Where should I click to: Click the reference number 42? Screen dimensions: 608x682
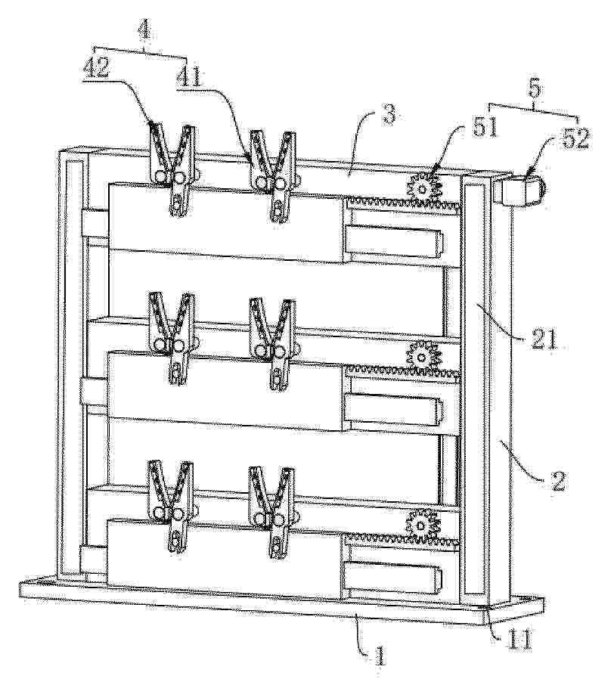(96, 69)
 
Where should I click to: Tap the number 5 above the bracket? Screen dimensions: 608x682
(535, 90)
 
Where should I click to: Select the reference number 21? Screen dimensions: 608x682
(544, 339)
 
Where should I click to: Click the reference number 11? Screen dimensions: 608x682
(520, 640)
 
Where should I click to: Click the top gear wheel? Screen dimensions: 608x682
(424, 188)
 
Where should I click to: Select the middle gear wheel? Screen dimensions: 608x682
(421, 357)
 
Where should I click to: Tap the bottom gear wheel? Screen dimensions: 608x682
(420, 525)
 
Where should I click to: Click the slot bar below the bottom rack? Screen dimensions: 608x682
(393, 577)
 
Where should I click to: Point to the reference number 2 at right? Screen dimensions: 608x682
(557, 481)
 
